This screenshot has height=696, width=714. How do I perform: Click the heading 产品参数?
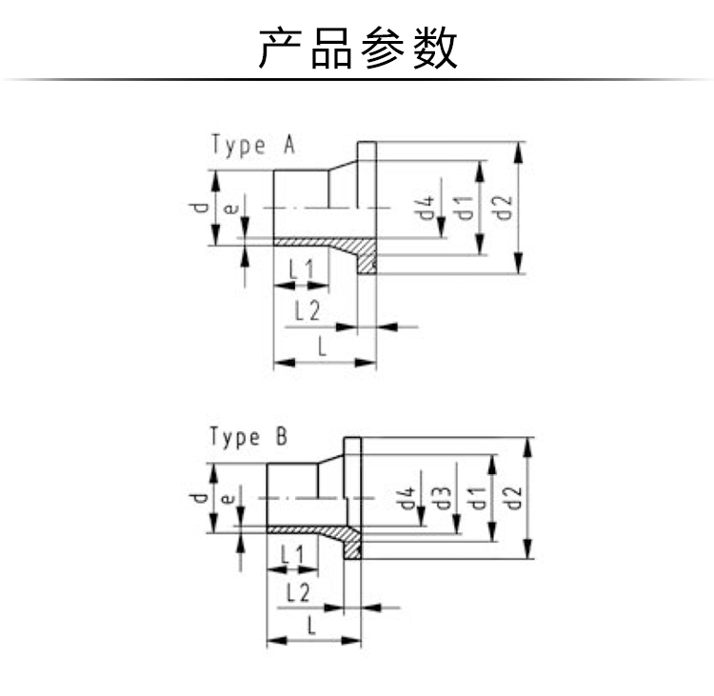[357, 48]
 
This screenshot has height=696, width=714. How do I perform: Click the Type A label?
[253, 146]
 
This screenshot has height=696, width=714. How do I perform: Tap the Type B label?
[248, 436]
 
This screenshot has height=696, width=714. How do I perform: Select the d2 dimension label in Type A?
[504, 208]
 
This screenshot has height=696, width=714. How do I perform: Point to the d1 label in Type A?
[465, 208]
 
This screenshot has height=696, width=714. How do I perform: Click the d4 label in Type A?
[426, 209]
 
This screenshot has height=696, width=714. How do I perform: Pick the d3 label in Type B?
[441, 497]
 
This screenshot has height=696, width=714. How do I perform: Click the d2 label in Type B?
[512, 497]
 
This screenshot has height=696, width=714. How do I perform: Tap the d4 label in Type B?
[406, 497]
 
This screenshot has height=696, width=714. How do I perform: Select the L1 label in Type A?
[302, 268]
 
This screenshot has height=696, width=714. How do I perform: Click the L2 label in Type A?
[307, 311]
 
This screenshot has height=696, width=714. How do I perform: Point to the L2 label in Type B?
[298, 592]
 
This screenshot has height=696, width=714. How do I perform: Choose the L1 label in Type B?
[292, 555]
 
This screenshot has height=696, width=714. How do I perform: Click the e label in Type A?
[231, 209]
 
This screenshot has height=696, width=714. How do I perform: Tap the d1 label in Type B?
[476, 497]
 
